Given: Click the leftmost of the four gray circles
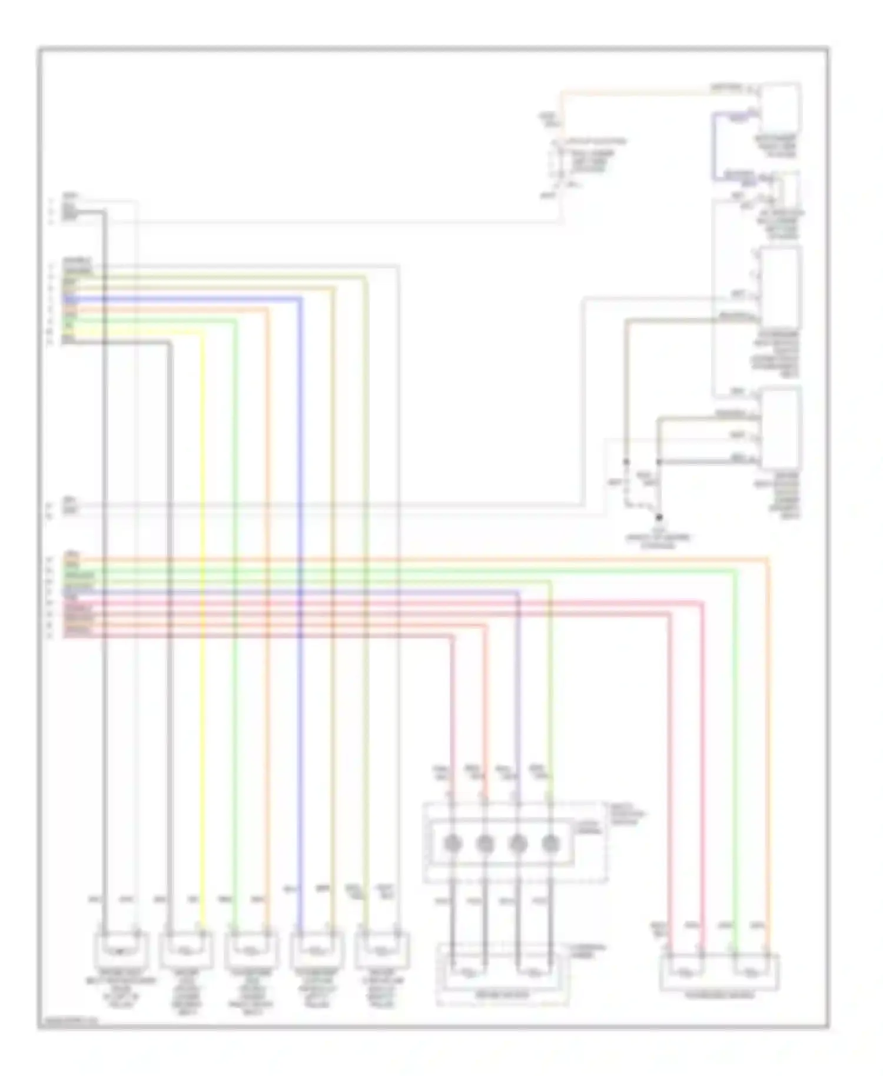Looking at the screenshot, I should (x=452, y=844).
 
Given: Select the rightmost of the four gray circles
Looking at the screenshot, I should (x=550, y=844).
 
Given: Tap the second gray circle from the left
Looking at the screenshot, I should (x=484, y=844).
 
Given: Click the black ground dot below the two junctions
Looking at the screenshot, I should (x=659, y=517).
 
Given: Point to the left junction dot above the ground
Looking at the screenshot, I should (x=626, y=462).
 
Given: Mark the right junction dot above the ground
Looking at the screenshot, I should (x=659, y=462).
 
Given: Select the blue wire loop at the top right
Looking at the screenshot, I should (x=715, y=147).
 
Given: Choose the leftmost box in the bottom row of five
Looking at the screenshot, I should (x=121, y=951).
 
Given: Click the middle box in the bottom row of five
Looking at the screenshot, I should (x=251, y=951).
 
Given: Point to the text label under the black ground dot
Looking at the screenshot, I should (x=659, y=542).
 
